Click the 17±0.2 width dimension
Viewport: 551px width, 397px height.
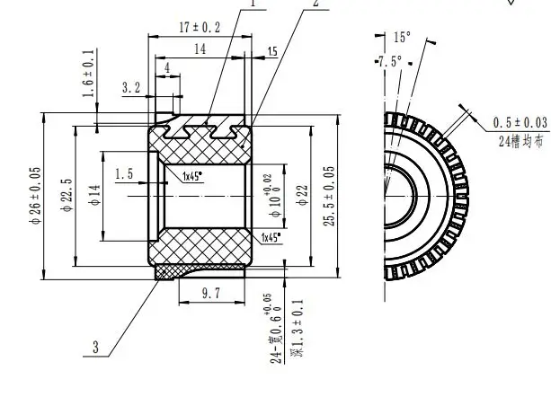pos(200,28)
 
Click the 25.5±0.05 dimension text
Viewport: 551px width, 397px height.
pos(330,195)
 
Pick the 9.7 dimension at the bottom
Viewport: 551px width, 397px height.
pos(209,293)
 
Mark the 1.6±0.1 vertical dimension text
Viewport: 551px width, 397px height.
pos(88,74)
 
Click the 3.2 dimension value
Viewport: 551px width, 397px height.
pos(131,87)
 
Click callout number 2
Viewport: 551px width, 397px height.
pos(315,4)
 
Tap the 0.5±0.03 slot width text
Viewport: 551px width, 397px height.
pos(519,122)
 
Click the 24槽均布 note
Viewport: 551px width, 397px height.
pos(523,139)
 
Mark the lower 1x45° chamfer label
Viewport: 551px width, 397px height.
pos(269,237)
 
